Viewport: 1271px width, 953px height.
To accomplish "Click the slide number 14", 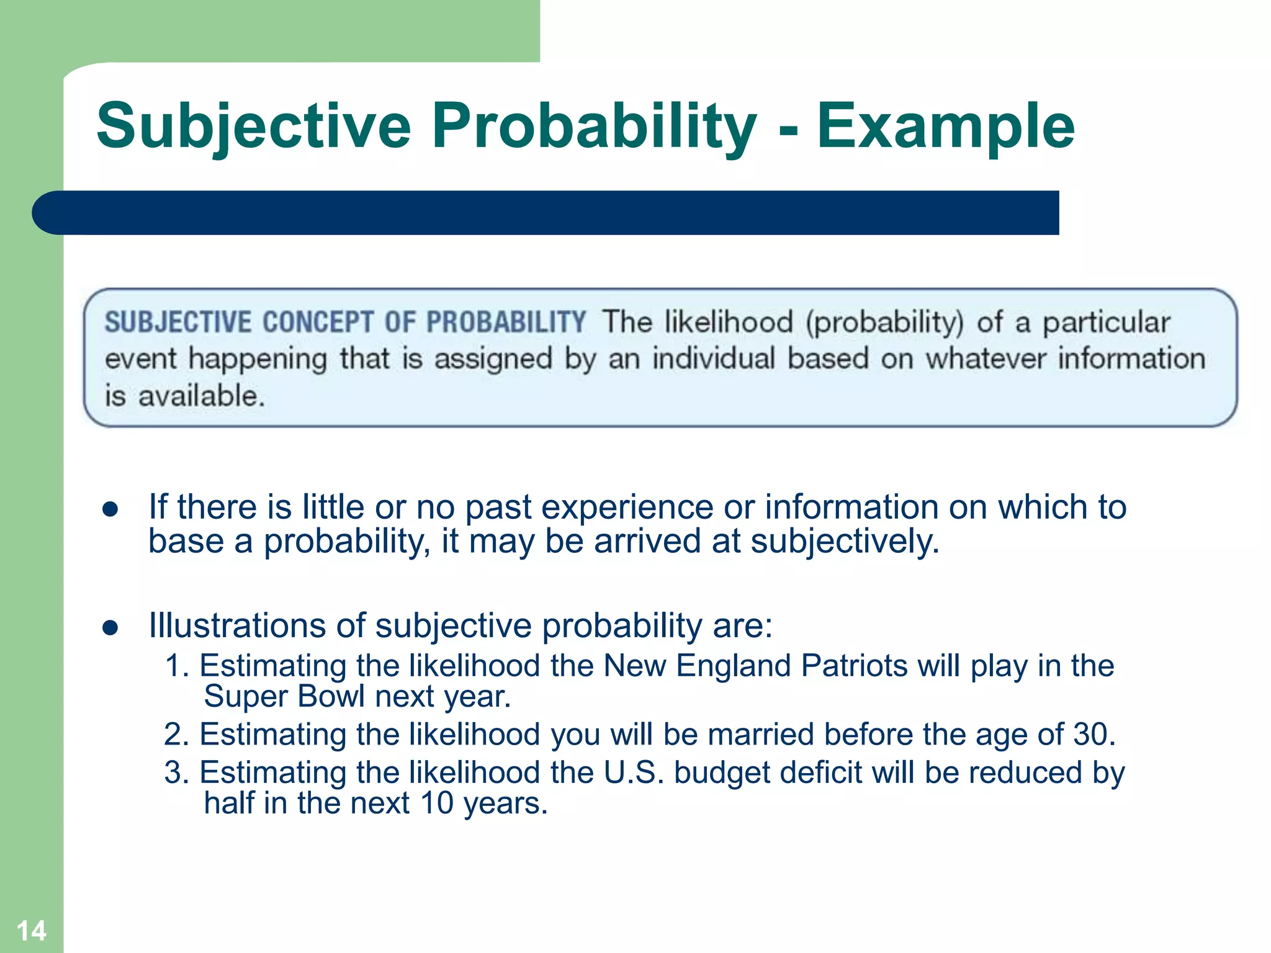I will tap(31, 931).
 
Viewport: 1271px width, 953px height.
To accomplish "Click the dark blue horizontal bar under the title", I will tap(546, 213).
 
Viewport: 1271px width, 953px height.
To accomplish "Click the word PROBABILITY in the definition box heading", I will tap(506, 323).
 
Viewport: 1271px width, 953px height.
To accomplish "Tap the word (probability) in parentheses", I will tap(884, 323).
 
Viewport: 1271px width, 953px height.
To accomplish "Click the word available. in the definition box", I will tap(202, 396).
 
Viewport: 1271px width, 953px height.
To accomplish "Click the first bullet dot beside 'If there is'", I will tap(110, 509).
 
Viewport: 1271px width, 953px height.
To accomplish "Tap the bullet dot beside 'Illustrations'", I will tap(110, 627).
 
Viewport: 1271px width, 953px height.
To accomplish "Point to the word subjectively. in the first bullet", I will tap(845, 542).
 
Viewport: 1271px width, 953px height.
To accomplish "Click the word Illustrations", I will tap(236, 625).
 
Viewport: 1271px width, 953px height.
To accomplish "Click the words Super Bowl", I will tap(284, 696).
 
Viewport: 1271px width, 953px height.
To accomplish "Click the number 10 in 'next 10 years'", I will tap(437, 803).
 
